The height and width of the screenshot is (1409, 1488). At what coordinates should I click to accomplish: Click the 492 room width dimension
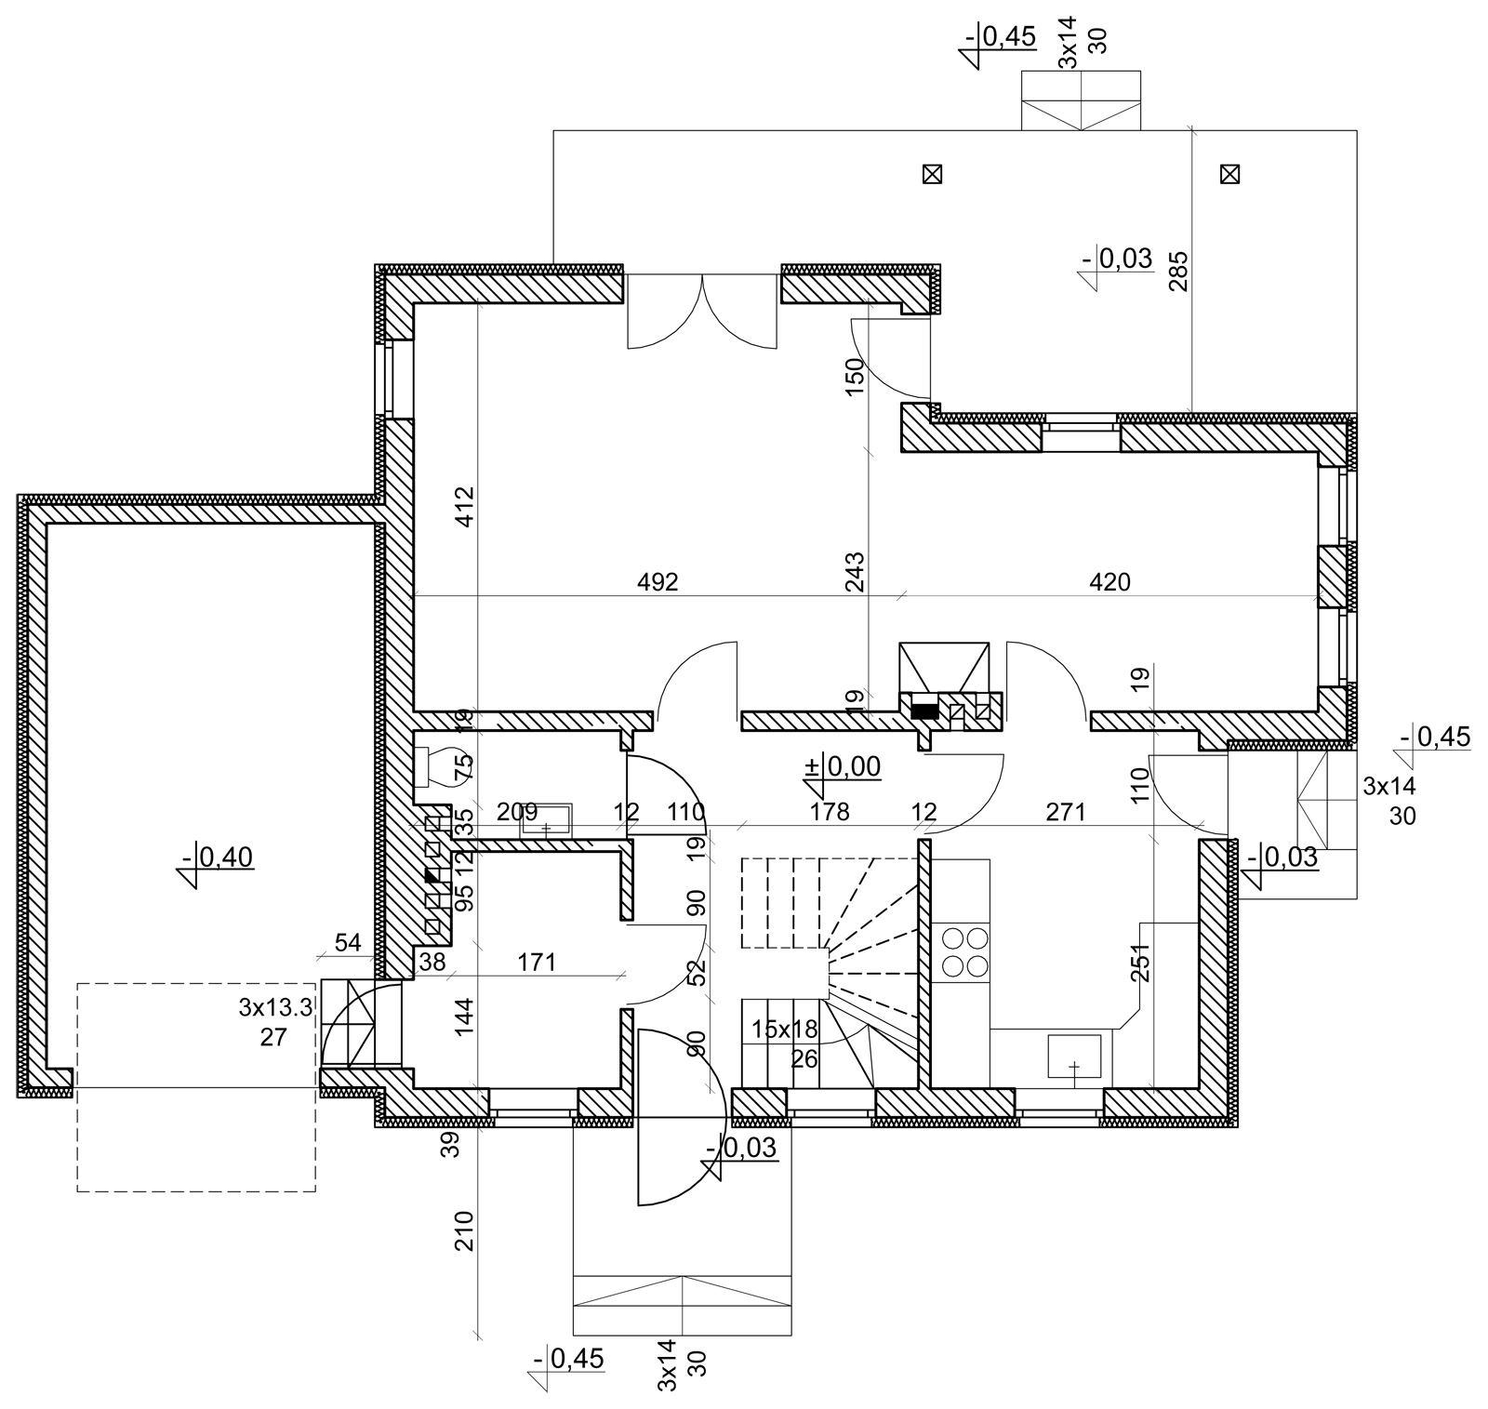pos(658,582)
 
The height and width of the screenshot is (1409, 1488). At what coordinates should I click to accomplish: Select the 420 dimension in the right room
pos(1109,582)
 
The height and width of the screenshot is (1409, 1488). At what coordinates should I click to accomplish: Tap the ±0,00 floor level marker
pos(843,766)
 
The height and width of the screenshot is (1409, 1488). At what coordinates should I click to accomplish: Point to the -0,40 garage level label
pos(218,857)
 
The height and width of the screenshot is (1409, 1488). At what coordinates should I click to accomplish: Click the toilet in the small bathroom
pos(432,765)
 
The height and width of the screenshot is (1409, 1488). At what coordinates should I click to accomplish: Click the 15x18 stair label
pos(784,1030)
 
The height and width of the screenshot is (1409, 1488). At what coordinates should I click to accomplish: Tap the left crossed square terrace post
pos(931,174)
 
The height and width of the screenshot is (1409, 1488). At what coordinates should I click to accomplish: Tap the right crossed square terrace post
pos(1229,174)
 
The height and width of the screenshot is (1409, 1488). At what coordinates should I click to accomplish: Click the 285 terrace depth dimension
pos(1179,271)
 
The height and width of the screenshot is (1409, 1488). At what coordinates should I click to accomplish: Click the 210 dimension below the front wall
pos(465,1230)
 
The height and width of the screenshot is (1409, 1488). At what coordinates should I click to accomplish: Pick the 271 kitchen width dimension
pos(1066,812)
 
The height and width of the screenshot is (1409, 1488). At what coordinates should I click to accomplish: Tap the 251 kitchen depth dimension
pos(1141,963)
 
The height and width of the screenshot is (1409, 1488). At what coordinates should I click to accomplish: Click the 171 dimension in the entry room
pos(537,962)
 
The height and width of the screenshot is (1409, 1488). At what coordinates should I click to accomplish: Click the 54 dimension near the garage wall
pos(348,942)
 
